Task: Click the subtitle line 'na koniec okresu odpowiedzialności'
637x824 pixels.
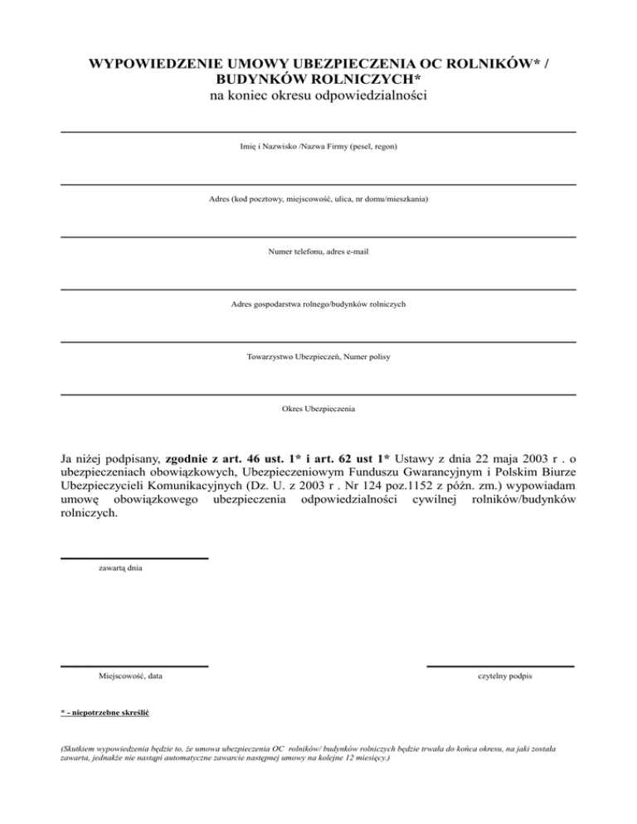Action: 318,98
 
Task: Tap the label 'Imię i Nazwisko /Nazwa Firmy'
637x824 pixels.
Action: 318,147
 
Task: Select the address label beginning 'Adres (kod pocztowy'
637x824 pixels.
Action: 318,199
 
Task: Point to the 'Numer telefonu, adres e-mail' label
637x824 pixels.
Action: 318,251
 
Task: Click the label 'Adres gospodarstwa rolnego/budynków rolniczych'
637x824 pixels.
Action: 318,304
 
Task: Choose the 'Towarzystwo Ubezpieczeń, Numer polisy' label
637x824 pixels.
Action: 318,356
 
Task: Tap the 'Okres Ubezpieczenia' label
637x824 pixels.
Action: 318,409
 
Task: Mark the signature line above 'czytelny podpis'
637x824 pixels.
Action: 500,666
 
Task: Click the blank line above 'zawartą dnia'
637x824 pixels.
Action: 134,559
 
